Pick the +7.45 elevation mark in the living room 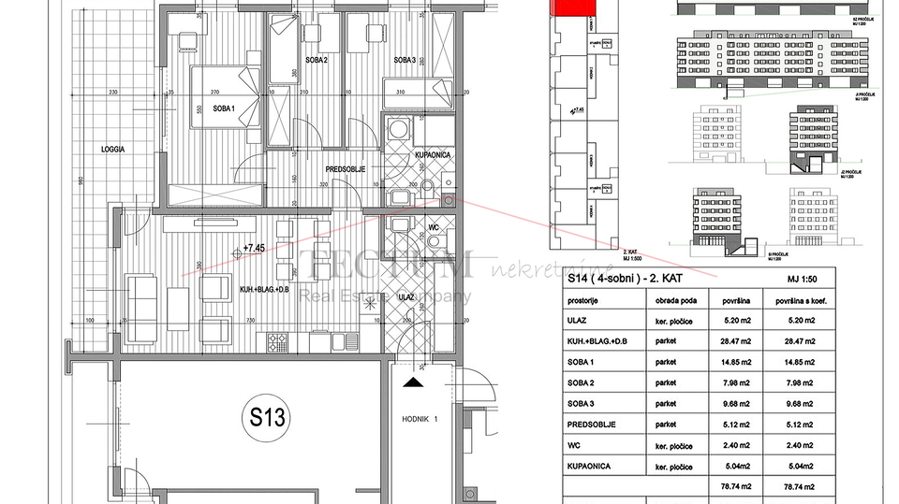click(x=254, y=248)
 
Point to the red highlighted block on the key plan click(x=575, y=8)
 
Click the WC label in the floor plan click(x=434, y=226)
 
